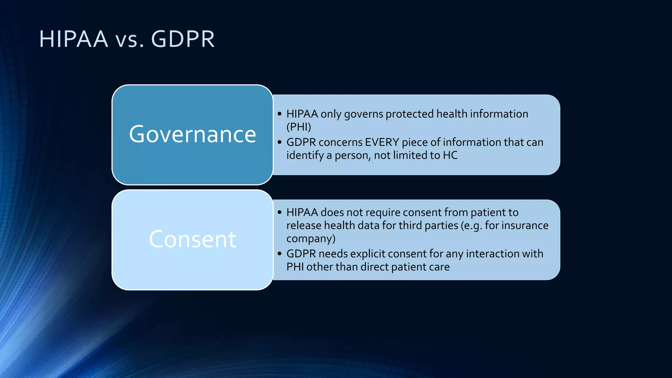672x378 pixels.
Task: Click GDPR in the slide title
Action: pos(183,39)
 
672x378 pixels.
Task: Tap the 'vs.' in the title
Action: pos(129,40)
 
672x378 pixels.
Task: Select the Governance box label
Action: pos(192,134)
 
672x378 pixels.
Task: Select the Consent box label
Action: pos(192,239)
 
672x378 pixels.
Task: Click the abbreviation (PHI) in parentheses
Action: pos(299,127)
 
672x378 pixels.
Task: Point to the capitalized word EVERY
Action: pos(382,142)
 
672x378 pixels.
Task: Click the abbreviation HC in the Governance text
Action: pos(450,155)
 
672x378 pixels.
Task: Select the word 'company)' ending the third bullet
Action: pos(311,239)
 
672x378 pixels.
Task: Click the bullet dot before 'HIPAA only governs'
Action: pos(280,114)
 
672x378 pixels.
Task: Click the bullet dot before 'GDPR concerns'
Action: pos(280,142)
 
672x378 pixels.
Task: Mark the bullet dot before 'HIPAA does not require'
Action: pos(280,212)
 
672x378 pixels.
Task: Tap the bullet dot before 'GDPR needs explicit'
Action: pos(280,254)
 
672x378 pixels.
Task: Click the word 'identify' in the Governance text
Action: pos(305,155)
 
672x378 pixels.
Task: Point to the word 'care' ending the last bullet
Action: pos(439,267)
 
